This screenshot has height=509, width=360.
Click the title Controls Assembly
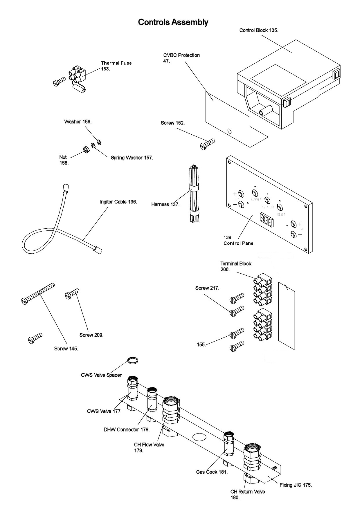(x=173, y=22)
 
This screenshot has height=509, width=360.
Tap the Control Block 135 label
(x=258, y=30)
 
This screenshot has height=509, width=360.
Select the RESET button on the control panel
(x=279, y=207)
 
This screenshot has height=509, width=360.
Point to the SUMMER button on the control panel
(x=255, y=193)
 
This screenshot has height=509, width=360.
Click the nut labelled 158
(x=86, y=149)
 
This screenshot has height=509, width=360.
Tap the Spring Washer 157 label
(x=132, y=158)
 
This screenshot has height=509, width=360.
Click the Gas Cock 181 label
(x=212, y=472)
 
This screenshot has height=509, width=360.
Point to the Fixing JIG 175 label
(x=296, y=485)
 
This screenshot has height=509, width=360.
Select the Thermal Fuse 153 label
(x=116, y=66)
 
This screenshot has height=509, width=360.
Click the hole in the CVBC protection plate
(x=230, y=131)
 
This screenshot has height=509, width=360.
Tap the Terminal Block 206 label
(x=235, y=266)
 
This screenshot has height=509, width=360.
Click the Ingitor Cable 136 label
(x=118, y=202)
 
